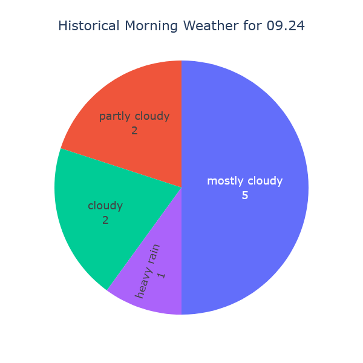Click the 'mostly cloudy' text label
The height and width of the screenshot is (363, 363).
click(x=244, y=181)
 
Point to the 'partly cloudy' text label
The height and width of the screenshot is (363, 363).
click(x=134, y=116)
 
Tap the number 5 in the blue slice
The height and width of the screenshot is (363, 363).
click(x=245, y=195)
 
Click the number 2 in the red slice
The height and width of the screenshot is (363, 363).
click(x=134, y=130)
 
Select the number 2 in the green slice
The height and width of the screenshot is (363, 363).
click(x=105, y=220)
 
